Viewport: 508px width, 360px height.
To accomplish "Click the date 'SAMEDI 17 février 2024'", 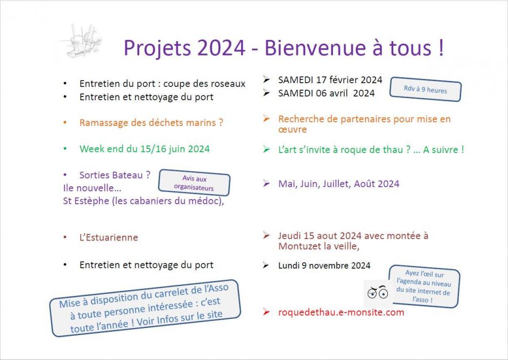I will [330, 80].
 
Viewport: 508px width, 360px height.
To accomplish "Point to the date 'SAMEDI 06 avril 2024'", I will [326, 93].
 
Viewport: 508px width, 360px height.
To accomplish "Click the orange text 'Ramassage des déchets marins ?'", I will [151, 123].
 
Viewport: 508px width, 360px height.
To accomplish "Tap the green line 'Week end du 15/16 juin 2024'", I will [144, 149].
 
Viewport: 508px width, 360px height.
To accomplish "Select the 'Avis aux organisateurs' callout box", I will [194, 183].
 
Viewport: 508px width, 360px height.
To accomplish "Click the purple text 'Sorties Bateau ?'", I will [115, 175].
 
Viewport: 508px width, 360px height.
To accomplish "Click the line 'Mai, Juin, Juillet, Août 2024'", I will [338, 184].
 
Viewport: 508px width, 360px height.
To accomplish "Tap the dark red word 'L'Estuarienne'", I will [108, 237].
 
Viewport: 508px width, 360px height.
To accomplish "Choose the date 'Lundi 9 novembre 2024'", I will [324, 266].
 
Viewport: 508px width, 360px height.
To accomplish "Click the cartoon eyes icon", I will [378, 292].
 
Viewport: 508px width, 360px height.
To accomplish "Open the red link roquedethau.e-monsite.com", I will [341, 312].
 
